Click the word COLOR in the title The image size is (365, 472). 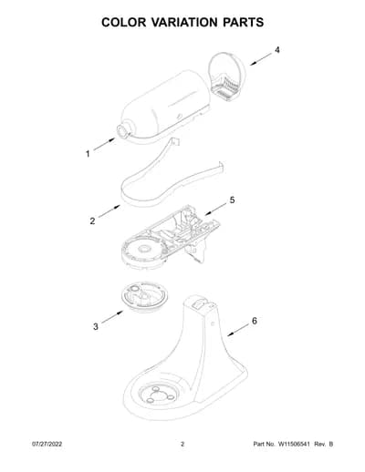point(124,23)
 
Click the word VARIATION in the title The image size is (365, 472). point(184,23)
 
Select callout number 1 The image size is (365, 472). point(88,154)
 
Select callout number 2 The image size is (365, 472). point(92,221)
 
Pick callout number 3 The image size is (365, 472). point(96,326)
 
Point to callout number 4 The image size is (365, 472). point(277,50)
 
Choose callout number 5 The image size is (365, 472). point(232,200)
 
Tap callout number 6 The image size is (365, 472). point(255,321)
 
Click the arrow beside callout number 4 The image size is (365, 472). point(261,59)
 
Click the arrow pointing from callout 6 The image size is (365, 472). point(238,330)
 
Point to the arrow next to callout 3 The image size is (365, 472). point(112,317)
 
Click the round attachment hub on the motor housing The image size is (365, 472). point(123,131)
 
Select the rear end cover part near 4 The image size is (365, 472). point(226,77)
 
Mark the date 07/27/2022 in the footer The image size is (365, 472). point(47,444)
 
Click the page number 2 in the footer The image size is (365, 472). point(182,444)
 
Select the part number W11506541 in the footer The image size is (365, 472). point(293,444)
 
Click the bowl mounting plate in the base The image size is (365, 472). point(158,394)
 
